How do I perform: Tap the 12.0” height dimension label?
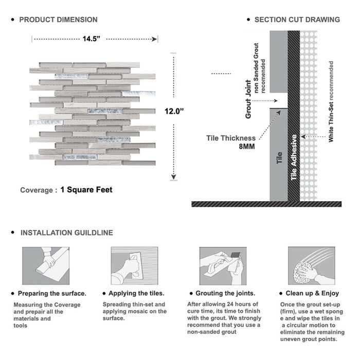coord(175,111)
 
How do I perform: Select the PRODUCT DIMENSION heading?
coord(58,20)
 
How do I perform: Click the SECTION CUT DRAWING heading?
coord(297,20)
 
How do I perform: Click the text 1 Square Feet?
coord(86,190)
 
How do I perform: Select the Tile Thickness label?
coord(231,138)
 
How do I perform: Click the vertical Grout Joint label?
coord(248,99)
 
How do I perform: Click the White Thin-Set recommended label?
coord(331,102)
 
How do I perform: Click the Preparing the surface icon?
coord(45,265)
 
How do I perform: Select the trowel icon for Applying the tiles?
coord(134,265)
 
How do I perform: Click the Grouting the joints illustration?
coord(222,265)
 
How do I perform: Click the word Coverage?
coord(36,190)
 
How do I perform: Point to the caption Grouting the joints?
coord(225,293)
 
